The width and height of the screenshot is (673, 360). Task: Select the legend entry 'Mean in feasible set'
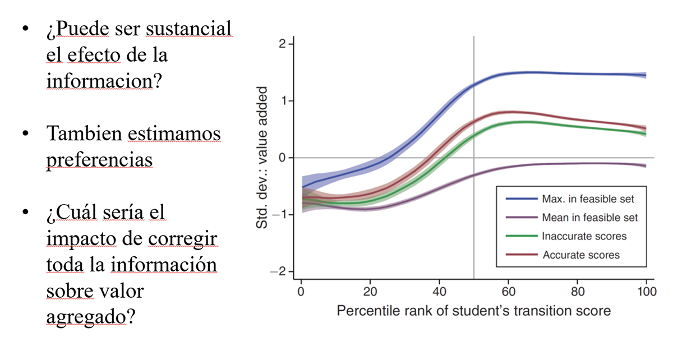590,217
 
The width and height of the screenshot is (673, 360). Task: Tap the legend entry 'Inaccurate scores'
584,236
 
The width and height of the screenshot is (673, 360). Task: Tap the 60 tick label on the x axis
508,292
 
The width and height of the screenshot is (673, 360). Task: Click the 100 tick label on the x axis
646,292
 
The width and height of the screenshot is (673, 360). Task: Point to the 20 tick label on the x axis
370,292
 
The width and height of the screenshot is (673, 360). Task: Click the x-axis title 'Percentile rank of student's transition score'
473,310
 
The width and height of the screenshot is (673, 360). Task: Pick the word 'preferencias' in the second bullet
99,160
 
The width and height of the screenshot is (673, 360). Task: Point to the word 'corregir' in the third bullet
183,238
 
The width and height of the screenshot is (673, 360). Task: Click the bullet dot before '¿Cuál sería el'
26,213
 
